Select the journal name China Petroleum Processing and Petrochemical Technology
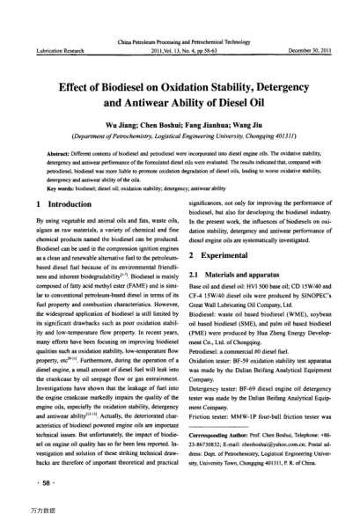pyautogui.click(x=180, y=42)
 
